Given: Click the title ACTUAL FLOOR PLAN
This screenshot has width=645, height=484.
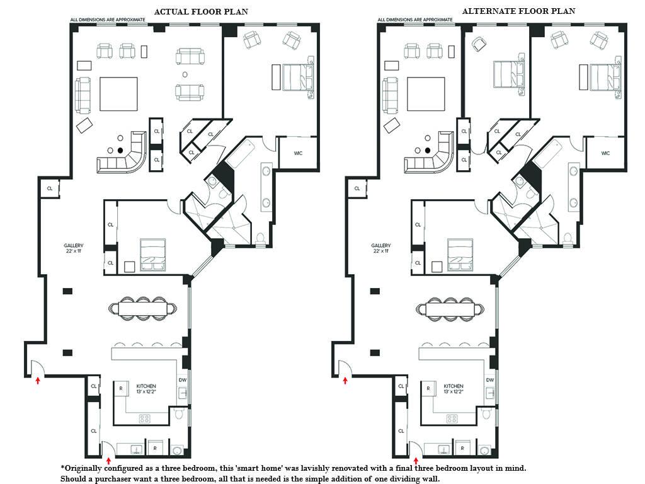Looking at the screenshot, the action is click(x=201, y=12).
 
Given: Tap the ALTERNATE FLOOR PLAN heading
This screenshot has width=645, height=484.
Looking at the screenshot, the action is click(x=518, y=11).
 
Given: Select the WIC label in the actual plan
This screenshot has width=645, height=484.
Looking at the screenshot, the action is click(x=298, y=153).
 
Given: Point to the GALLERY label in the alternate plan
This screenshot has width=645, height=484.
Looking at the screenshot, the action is click(x=380, y=245).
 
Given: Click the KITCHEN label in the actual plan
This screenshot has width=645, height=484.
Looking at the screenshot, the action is click(x=146, y=386).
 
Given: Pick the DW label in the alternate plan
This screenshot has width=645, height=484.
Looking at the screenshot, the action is click(x=490, y=380).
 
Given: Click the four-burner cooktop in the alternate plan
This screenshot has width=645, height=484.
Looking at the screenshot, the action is click(x=452, y=419).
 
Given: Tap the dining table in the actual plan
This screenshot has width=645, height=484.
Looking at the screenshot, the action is click(x=143, y=308).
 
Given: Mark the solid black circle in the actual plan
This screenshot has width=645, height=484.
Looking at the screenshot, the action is click(x=120, y=151).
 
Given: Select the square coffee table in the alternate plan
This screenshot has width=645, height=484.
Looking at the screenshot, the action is click(x=426, y=95).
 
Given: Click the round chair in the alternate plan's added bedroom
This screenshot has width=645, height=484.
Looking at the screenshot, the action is click(x=479, y=43).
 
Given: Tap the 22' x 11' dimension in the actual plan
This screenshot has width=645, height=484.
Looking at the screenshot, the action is click(x=74, y=251).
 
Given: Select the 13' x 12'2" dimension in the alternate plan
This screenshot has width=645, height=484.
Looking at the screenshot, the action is click(x=454, y=391).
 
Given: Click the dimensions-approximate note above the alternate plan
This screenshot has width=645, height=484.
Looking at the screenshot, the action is click(x=415, y=20).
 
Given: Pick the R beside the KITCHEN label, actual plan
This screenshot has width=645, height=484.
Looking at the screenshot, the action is click(x=121, y=388).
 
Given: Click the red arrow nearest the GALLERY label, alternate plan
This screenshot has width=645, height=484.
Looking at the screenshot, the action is click(x=345, y=380).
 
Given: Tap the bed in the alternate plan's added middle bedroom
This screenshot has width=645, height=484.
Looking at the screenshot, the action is click(x=509, y=74).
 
